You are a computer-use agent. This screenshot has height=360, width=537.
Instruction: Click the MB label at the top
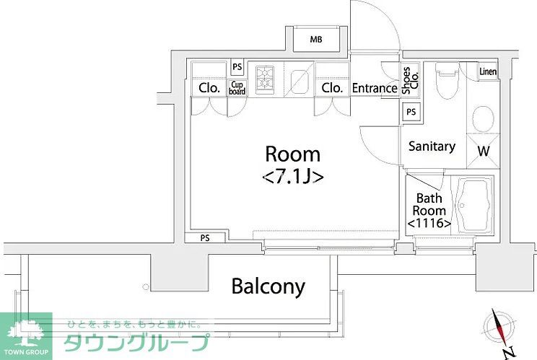click(316, 39)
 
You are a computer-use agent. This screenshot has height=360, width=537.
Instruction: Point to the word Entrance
click(375, 89)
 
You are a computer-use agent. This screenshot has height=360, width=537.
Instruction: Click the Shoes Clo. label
click(409, 81)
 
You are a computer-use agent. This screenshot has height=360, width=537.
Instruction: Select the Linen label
click(489, 71)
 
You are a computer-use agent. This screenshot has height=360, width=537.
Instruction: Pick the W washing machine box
click(482, 151)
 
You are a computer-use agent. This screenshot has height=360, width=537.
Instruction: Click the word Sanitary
click(432, 146)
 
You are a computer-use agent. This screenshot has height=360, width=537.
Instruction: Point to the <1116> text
click(429, 224)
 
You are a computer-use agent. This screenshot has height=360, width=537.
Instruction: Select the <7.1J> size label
click(292, 175)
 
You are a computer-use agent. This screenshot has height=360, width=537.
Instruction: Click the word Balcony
click(268, 286)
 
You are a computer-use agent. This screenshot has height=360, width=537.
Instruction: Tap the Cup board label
click(237, 88)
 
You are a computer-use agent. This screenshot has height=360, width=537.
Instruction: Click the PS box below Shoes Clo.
click(411, 112)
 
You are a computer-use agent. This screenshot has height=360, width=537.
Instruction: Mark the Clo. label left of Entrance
click(332, 88)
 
